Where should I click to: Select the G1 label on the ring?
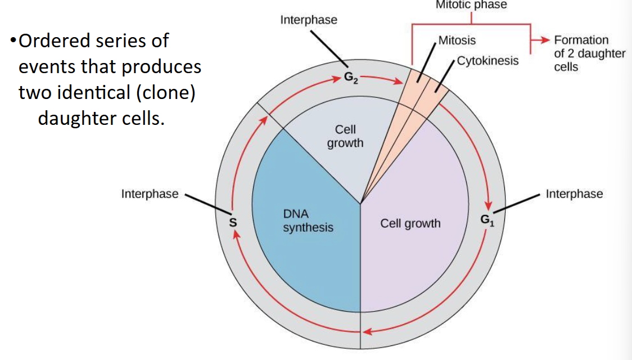pyautogui.click(x=487, y=220)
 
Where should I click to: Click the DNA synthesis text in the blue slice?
pyautogui.click(x=308, y=221)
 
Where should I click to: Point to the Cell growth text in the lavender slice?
pyautogui.click(x=410, y=223)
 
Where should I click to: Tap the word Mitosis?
pyautogui.click(x=457, y=40)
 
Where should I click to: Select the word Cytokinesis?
pyautogui.click(x=487, y=61)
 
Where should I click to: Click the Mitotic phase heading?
pyautogui.click(x=471, y=5)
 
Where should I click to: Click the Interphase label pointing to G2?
pyautogui.click(x=309, y=20)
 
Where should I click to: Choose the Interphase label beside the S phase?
pyautogui.click(x=150, y=194)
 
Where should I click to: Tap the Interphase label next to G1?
pyautogui.click(x=574, y=194)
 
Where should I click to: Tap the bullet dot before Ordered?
pyautogui.click(x=13, y=42)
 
